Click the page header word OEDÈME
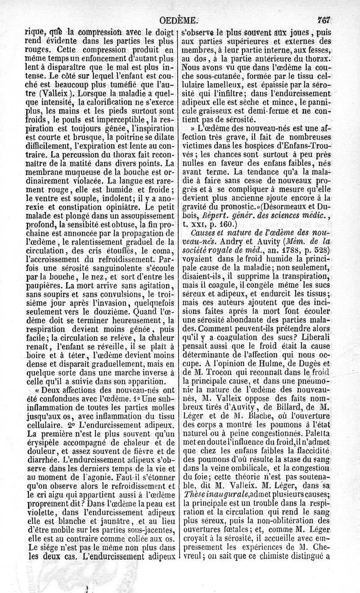coord(179,20)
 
